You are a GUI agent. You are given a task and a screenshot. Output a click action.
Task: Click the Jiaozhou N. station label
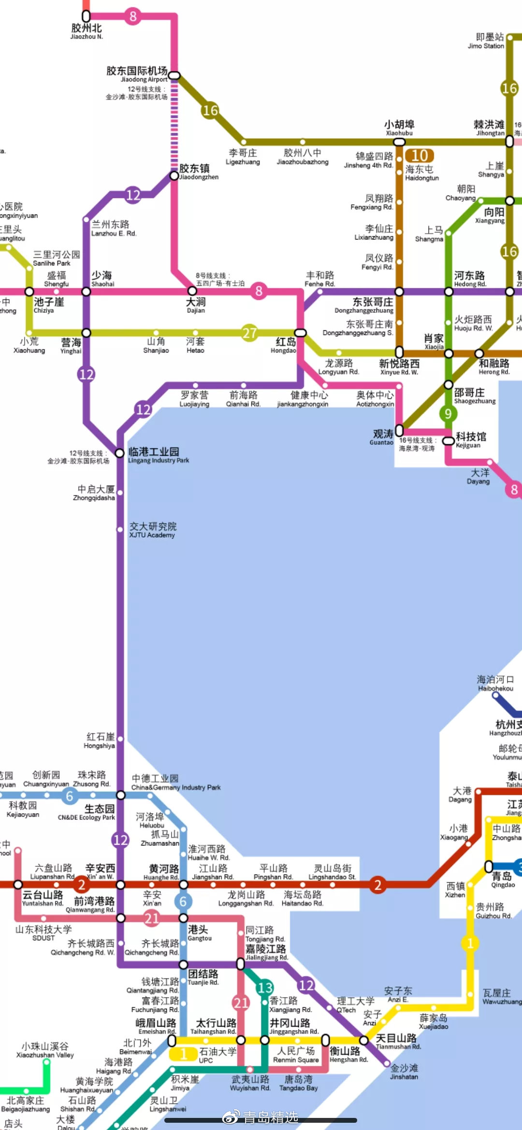click(x=87, y=31)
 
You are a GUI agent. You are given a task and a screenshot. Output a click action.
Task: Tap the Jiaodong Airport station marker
click(x=174, y=75)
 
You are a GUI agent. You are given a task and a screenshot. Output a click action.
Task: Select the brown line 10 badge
click(x=419, y=155)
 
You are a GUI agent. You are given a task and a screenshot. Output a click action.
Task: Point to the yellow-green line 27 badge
click(x=249, y=333)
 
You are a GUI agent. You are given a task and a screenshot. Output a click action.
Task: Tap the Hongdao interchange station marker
click(x=300, y=333)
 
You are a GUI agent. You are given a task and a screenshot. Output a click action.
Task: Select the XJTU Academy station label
click(x=152, y=530)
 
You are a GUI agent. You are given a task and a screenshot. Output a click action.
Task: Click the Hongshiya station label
click(x=100, y=741)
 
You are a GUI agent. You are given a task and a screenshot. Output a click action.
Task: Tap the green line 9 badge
click(x=448, y=413)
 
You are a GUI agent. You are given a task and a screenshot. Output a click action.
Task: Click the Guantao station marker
click(x=399, y=430)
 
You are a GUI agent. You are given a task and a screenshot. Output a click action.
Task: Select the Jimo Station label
click(x=487, y=41)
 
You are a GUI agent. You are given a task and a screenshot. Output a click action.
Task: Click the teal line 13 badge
click(x=265, y=987)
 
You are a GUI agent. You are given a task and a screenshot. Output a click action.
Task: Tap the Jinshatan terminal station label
click(x=404, y=1072)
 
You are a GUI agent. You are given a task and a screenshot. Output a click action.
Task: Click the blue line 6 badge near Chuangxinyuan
click(x=69, y=796)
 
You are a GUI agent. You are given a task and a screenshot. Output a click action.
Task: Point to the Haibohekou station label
click(x=495, y=683)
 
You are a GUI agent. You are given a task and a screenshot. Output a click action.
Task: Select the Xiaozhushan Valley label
click(x=45, y=1050)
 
